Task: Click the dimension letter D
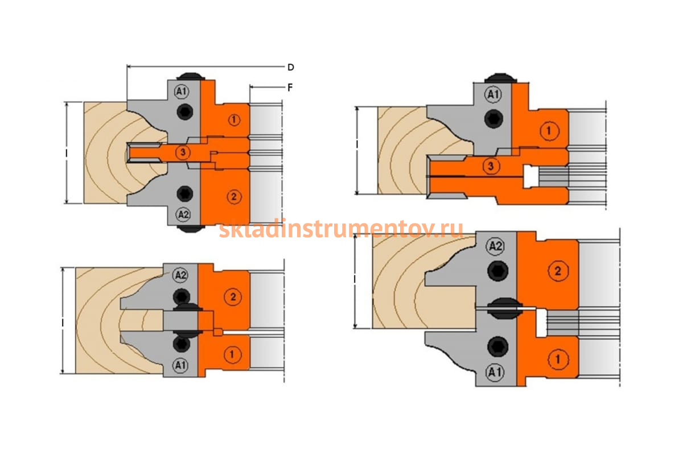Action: coord(291,67)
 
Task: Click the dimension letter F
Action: coord(290,88)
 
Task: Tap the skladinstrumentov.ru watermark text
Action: coord(341,229)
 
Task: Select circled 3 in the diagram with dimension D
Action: coord(183,152)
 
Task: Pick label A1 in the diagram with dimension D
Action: coord(182,91)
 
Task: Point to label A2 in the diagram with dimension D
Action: coord(183,214)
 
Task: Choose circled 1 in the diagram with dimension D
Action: coord(234,120)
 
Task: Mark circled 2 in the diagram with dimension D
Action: coord(234,197)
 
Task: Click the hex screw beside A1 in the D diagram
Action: coord(185,111)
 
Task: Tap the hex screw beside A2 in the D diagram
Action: coord(185,193)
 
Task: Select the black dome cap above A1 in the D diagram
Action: coord(191,76)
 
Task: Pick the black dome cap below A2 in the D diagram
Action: coord(191,229)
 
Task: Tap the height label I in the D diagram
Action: coord(67,153)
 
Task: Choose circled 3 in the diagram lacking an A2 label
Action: coord(491,166)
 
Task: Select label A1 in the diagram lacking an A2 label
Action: coord(493,94)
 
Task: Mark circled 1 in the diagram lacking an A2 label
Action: coord(549,131)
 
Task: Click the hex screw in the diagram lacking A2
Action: coord(494,118)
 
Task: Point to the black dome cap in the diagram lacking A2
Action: coord(500,78)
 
